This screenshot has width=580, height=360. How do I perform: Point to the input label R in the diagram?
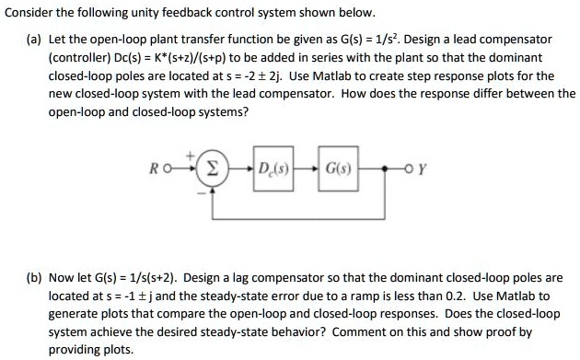tap(166, 169)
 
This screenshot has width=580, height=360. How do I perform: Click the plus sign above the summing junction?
tap(192, 157)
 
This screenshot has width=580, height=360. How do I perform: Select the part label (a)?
tap(32, 40)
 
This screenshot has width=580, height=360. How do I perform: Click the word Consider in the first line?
tap(31, 13)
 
